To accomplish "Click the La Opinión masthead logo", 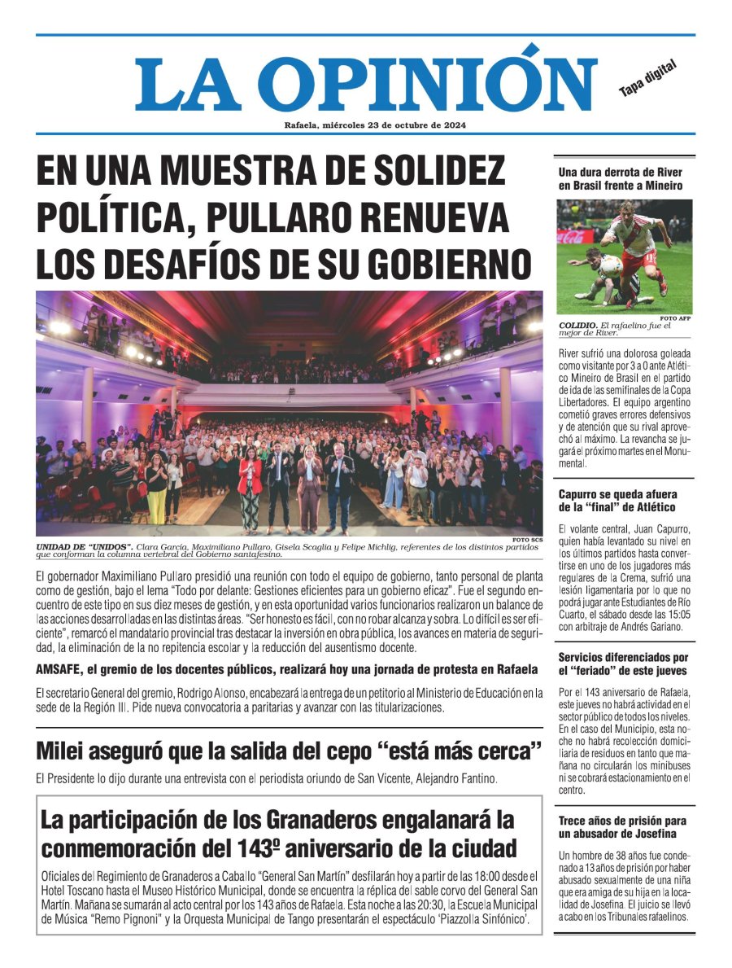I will [x=355, y=84].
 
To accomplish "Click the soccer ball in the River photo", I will [x=611, y=264].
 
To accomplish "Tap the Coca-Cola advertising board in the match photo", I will [x=571, y=238].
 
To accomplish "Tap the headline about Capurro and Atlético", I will [x=617, y=501].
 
